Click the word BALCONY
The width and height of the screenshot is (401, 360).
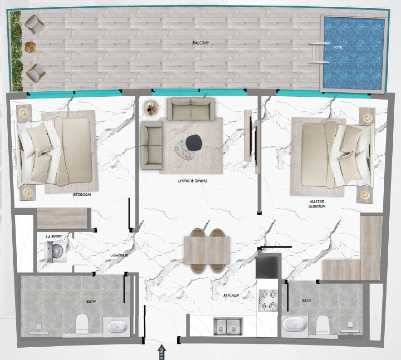pos(201,43)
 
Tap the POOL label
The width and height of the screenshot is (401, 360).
pos(338,47)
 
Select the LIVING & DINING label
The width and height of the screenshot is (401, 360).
pos(193,181)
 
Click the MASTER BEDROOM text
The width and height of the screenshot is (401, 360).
pos(317,204)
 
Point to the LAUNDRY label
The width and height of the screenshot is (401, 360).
pos(54,237)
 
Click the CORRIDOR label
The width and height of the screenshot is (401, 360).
pos(119,255)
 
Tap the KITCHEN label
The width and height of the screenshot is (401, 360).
pos(231,295)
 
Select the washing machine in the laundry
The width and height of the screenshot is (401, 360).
pos(56,252)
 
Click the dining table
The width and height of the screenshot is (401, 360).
pos(207,250)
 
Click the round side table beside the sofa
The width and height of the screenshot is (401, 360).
pos(152,108)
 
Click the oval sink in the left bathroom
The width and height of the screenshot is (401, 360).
pos(117,327)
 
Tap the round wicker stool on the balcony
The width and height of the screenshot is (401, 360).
pos(30,47)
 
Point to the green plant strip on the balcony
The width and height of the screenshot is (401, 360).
pos(16,51)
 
